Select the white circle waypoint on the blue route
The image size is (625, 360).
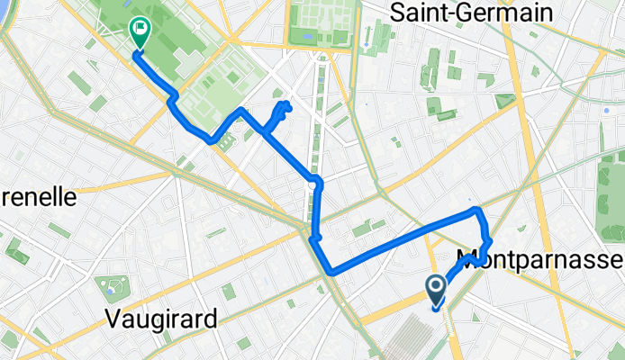pos(312,184)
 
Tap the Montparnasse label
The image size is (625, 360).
pos(540,260)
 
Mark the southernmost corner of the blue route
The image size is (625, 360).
pos(332,271)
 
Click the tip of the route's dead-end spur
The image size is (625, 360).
pos(286,106)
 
